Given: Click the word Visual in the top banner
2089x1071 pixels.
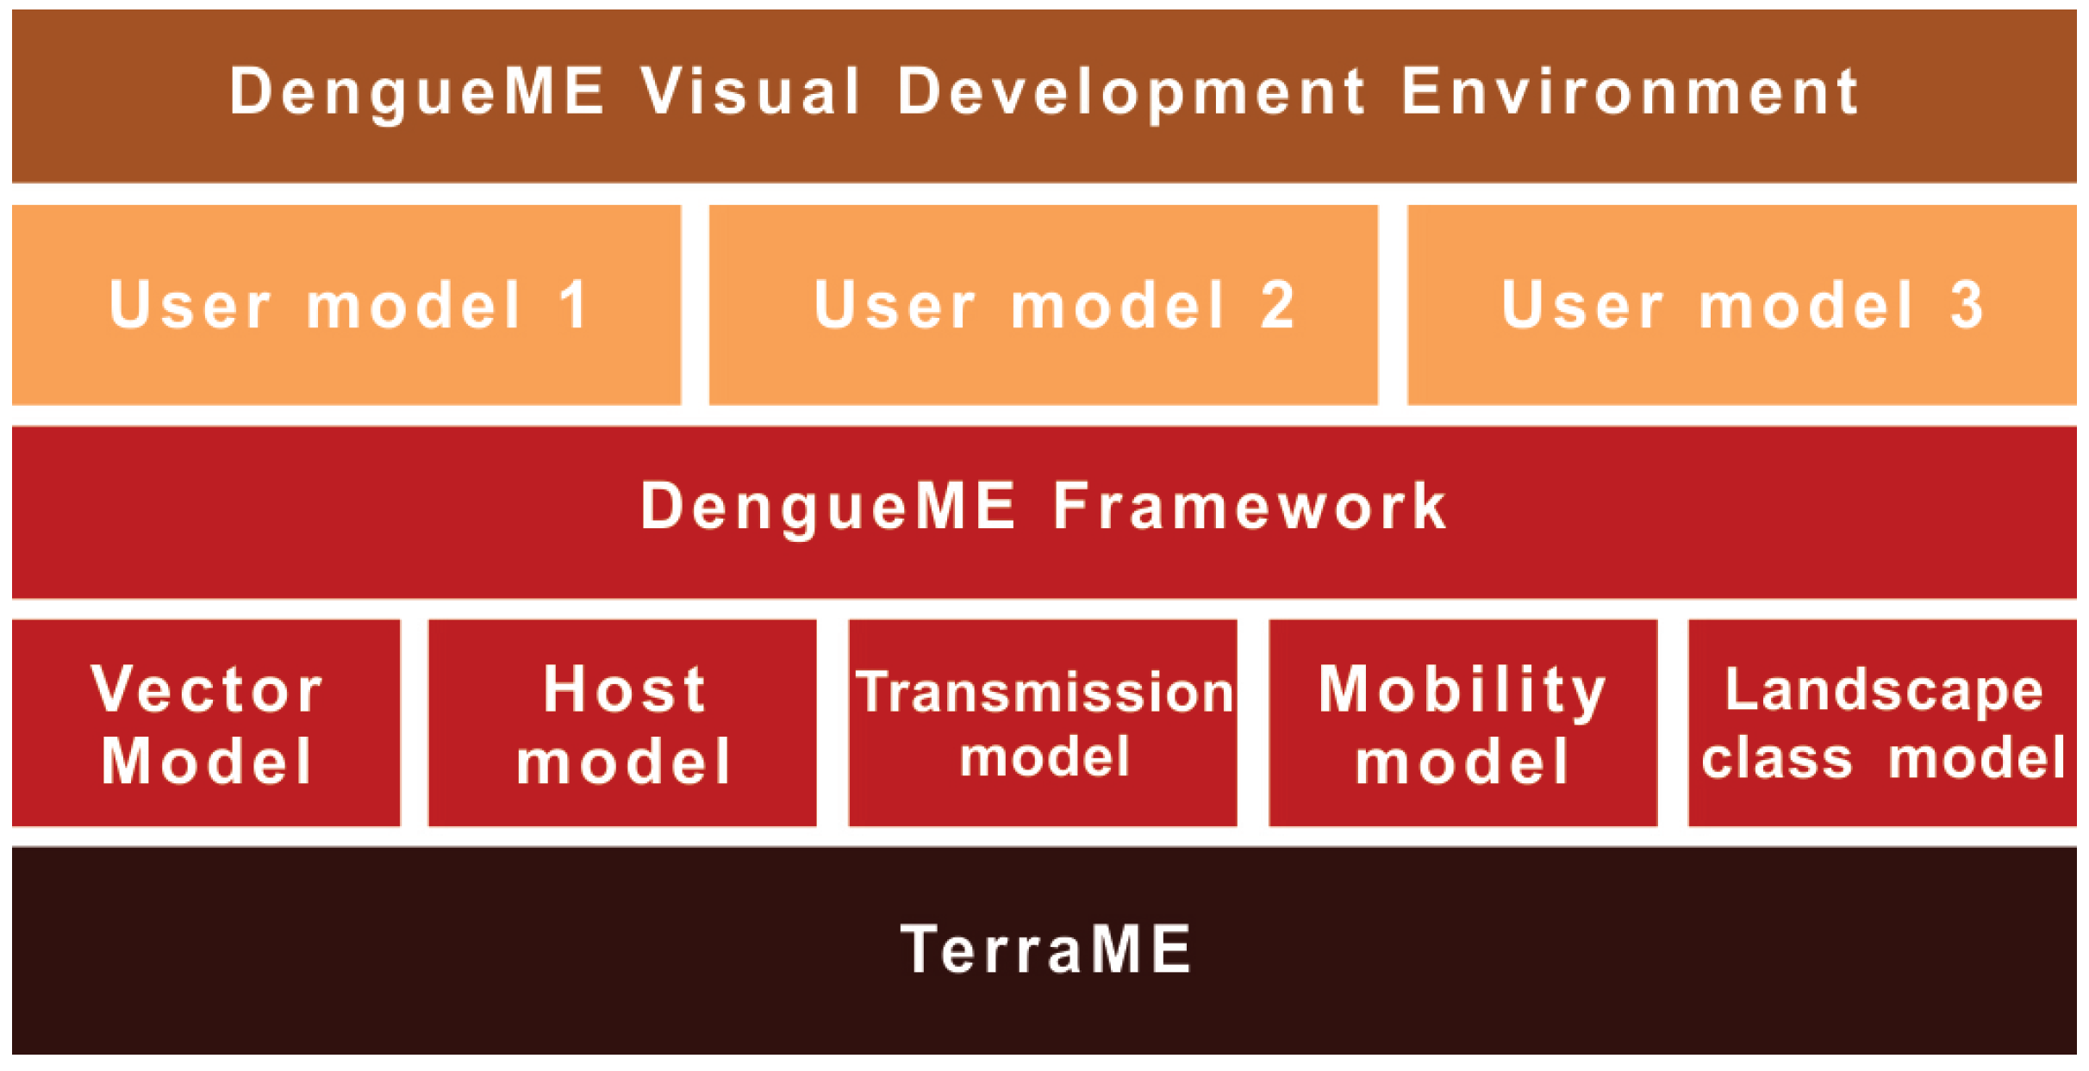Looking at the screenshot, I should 751,91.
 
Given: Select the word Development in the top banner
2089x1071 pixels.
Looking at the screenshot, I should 1132,93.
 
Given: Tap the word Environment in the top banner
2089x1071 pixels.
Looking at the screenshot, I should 1630,91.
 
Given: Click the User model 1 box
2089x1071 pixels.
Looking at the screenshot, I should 346,305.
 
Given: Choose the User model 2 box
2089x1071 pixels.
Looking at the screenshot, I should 1043,305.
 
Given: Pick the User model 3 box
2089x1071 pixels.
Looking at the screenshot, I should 1741,305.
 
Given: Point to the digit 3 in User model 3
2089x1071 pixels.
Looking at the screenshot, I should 1967,305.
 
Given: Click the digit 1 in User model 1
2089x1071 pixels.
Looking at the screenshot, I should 573,305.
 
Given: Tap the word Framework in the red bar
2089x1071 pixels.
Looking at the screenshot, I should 1250,507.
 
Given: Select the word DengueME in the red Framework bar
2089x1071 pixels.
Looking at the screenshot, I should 827,508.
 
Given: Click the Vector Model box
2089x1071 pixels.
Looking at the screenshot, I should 206,723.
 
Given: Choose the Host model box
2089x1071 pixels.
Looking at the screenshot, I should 622,723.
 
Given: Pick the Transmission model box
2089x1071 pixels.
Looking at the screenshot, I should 1043,723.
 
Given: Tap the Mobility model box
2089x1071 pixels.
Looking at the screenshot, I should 1462,723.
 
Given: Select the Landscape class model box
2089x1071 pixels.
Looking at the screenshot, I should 1882,723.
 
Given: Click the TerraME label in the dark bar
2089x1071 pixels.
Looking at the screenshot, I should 1045,950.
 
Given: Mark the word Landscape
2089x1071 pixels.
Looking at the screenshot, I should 1883,691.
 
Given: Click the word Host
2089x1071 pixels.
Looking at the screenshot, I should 625,689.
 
